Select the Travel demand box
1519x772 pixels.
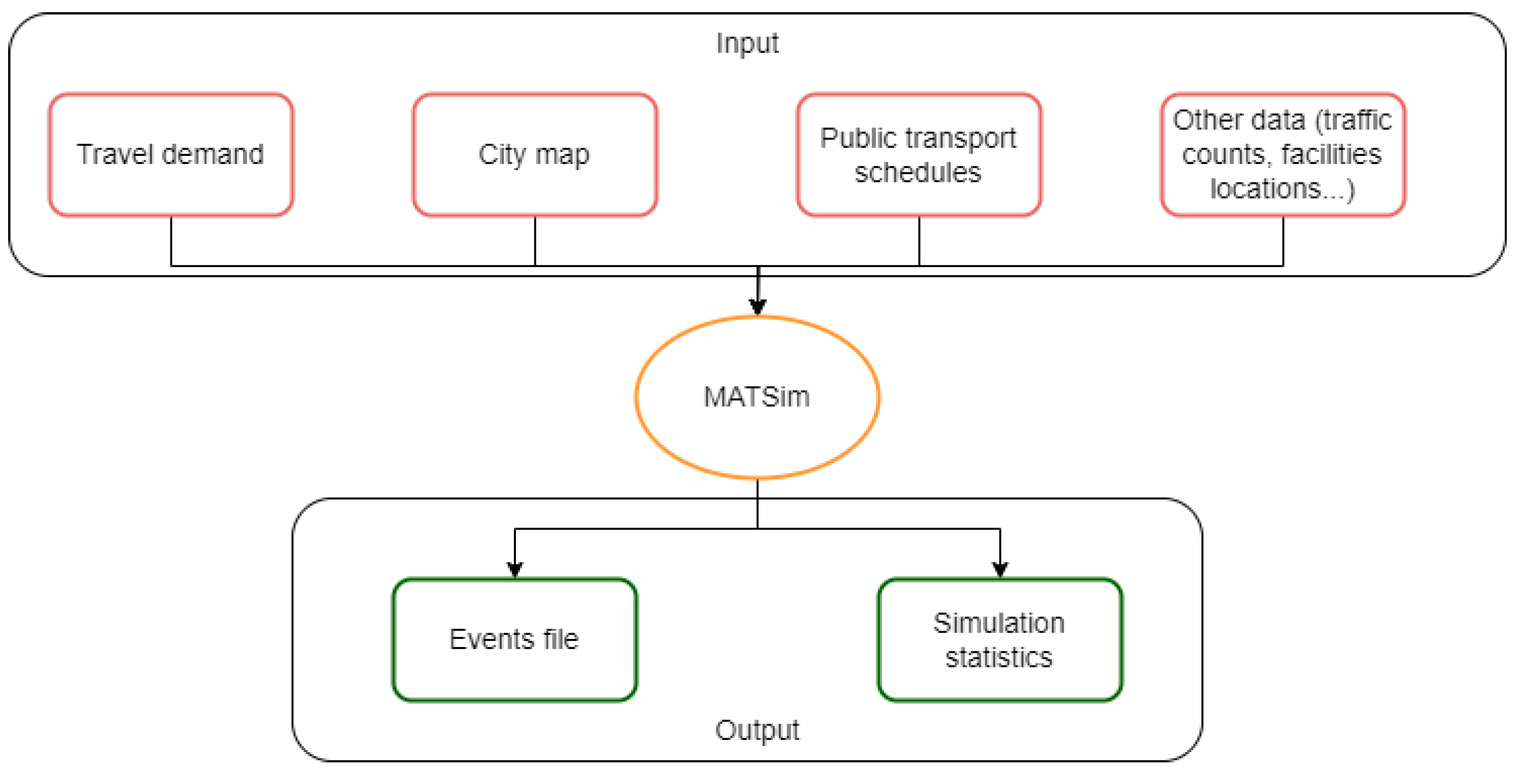(x=170, y=154)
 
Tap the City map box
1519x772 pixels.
(x=534, y=154)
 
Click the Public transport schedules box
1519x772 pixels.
(x=918, y=154)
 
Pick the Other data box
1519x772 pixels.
(x=1282, y=154)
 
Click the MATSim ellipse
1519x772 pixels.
(x=756, y=397)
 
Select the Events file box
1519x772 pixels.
(x=514, y=639)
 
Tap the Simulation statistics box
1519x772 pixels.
(x=999, y=639)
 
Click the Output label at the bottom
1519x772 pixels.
(x=756, y=730)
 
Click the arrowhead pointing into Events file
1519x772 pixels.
(x=515, y=569)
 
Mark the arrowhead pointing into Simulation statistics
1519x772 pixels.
(x=1000, y=569)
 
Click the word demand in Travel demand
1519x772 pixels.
(x=212, y=154)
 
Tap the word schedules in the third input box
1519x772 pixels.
(x=918, y=173)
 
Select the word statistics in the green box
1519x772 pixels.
(x=999, y=658)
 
